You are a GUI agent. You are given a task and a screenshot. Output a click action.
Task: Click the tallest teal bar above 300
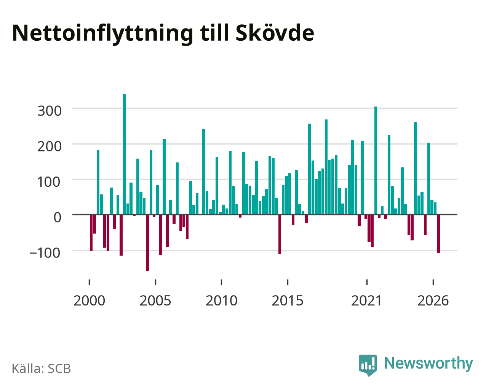(x=124, y=154)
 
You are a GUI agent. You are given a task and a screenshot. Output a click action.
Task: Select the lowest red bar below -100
(x=147, y=243)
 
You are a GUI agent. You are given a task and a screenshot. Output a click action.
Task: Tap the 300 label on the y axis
(x=50, y=111)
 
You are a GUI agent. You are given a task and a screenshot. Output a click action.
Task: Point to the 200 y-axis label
(x=50, y=146)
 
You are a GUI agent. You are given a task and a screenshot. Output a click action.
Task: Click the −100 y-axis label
(x=45, y=253)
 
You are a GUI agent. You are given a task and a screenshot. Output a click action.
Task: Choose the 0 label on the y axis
(x=58, y=218)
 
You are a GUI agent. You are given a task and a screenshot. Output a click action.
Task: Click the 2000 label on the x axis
(x=89, y=301)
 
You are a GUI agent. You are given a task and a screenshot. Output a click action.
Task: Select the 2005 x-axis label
(x=155, y=301)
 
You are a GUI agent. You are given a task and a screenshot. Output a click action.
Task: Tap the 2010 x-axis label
(x=221, y=301)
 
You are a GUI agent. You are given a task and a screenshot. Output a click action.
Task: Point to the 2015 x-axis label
(x=288, y=301)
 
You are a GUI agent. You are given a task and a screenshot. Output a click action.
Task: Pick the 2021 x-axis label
(x=366, y=301)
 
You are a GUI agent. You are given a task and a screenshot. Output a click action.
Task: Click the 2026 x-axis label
(x=433, y=301)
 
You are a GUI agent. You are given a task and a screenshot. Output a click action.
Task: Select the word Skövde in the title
(x=275, y=33)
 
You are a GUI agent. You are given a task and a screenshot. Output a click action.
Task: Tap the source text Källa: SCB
(x=42, y=369)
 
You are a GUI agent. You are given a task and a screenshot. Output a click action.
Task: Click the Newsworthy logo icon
(x=368, y=365)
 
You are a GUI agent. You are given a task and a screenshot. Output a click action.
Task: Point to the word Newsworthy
(x=428, y=364)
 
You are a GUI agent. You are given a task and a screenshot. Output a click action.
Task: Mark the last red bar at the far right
(x=438, y=234)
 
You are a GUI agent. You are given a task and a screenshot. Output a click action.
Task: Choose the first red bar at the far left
(x=91, y=232)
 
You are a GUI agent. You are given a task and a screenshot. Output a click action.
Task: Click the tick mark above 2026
(x=433, y=282)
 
